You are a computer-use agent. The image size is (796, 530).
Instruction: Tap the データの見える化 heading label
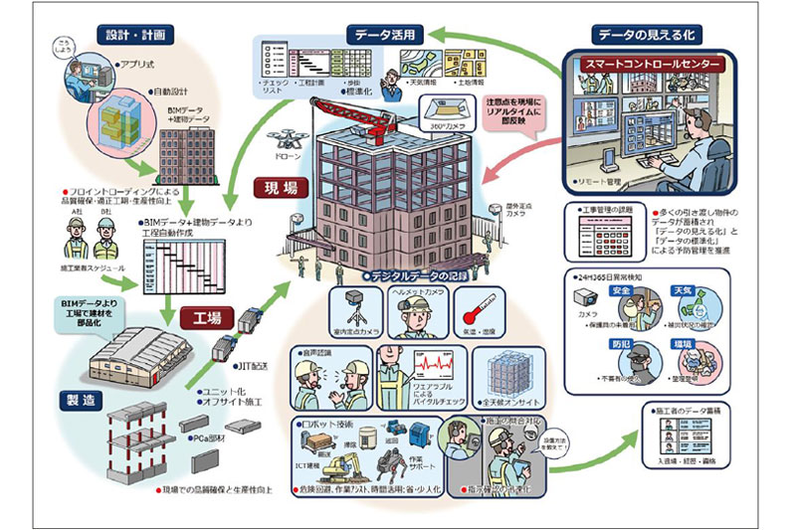(644, 34)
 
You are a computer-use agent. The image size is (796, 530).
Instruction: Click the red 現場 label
(282, 188)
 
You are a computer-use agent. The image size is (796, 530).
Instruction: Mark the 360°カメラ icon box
(447, 110)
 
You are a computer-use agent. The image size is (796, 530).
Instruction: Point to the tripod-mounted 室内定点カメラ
(349, 309)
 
